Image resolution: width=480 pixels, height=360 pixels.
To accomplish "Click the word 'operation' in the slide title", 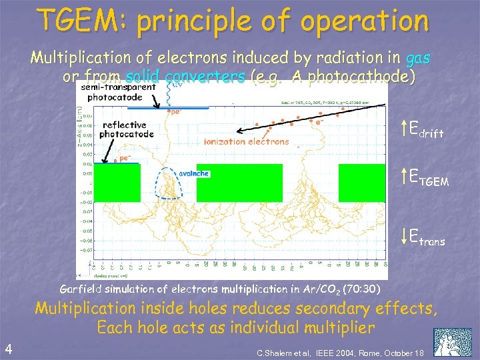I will click(x=365, y=21).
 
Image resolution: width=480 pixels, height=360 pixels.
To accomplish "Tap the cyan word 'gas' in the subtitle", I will click(x=418, y=58).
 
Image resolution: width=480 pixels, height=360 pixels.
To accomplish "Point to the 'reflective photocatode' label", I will click(x=127, y=129).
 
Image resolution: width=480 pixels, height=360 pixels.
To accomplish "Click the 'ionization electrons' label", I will click(x=247, y=141).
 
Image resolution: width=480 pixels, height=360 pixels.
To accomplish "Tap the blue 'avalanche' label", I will click(x=194, y=173).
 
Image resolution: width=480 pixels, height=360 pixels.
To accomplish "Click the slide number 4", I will click(x=7, y=348).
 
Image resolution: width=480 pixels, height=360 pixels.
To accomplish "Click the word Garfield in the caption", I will click(x=82, y=289).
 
